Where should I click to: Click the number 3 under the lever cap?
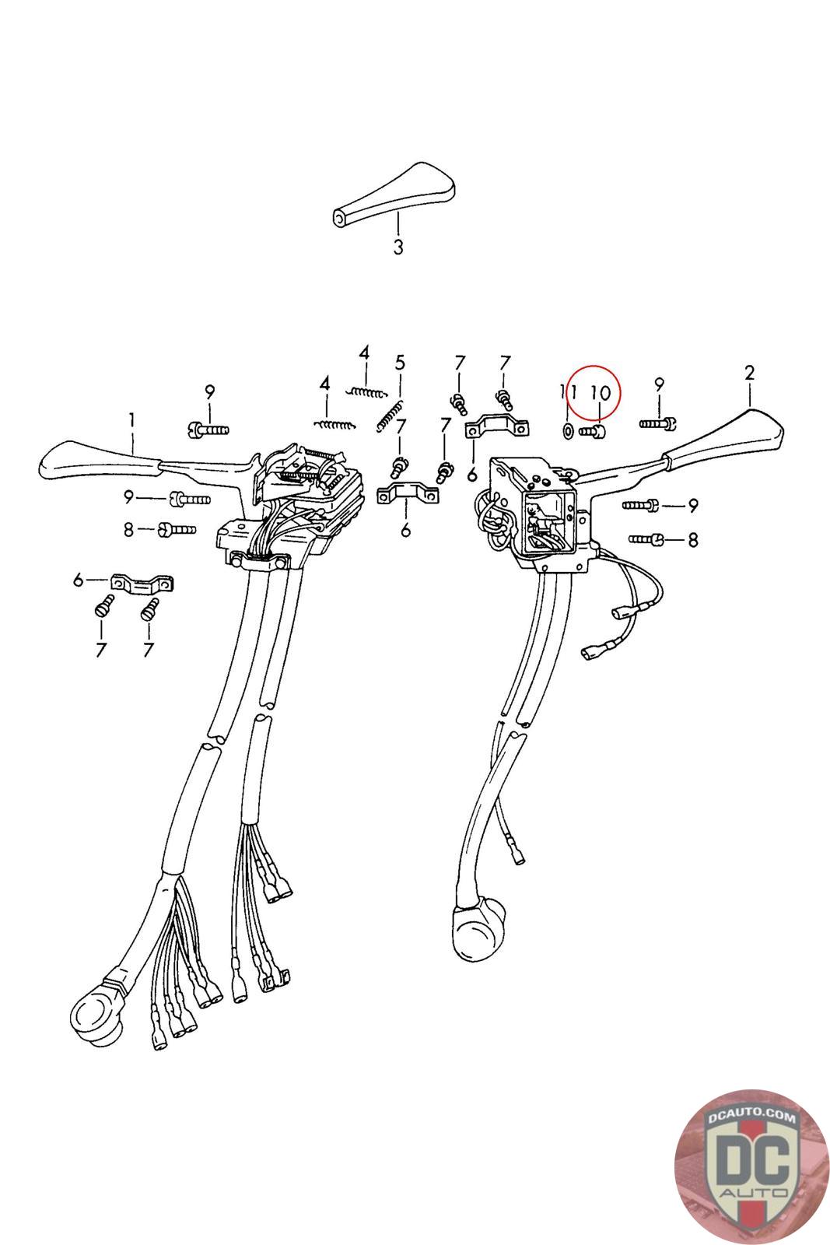pos(397,248)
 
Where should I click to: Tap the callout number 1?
pos(132,421)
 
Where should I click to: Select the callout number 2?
pos(749,373)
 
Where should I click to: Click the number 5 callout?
pos(400,362)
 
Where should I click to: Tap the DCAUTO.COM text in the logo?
pos(741,1117)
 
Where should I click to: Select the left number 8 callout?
pos(129,529)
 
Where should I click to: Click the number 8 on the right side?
pos(693,538)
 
